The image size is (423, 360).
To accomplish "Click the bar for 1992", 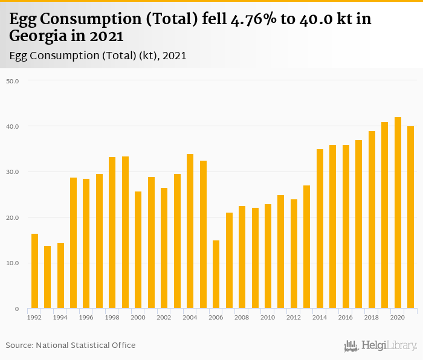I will pyautogui.click(x=34, y=271).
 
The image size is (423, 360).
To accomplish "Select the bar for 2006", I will pyautogui.click(x=216, y=275).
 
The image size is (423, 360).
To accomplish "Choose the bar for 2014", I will pyautogui.click(x=320, y=229).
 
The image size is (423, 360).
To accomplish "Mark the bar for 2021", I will pyautogui.click(x=410, y=217).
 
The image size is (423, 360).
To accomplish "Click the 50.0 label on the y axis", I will pyautogui.click(x=13, y=80).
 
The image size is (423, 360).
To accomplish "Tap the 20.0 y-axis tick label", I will pyautogui.click(x=13, y=217).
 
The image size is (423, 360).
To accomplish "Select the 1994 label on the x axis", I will pyautogui.click(x=60, y=317).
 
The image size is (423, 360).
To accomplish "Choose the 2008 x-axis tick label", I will pyautogui.click(x=242, y=317).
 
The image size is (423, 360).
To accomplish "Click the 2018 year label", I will pyautogui.click(x=372, y=317).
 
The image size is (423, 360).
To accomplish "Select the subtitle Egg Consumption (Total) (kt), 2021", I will pyautogui.click(x=98, y=56).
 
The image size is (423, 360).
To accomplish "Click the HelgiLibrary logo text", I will pyautogui.click(x=389, y=346).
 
